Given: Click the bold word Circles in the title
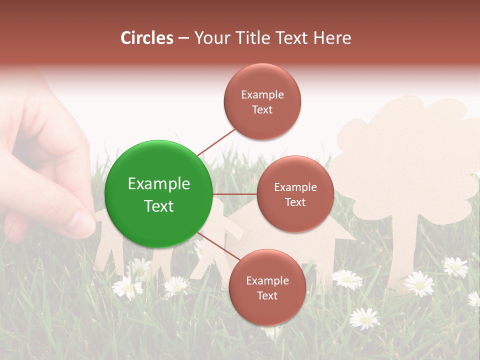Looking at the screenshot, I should click(x=147, y=38).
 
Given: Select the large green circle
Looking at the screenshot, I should click(x=159, y=194).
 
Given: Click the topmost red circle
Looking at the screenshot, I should click(x=262, y=101).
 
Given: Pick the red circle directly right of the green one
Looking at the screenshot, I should click(x=295, y=194).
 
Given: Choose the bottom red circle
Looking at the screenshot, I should click(x=267, y=287).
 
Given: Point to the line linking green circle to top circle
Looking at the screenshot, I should click(x=216, y=142).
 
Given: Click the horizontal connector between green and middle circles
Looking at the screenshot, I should click(x=235, y=194).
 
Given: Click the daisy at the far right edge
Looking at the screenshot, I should click(x=474, y=299).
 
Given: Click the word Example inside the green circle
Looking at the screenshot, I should click(x=159, y=183).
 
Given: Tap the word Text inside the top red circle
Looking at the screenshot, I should click(x=262, y=109).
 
